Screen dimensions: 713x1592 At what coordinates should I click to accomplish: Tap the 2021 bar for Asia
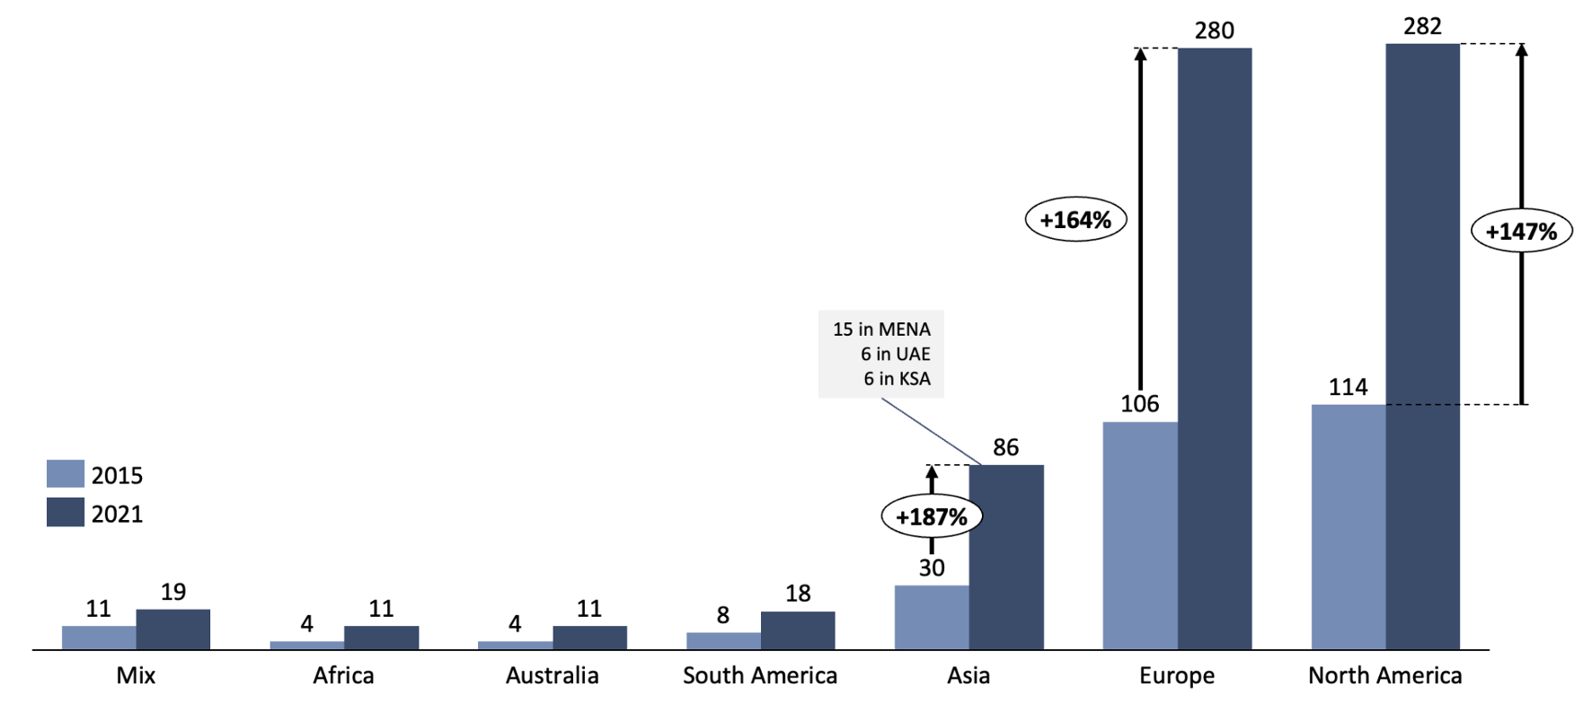click(x=1005, y=557)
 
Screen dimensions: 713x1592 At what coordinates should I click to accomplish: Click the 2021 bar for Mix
click(x=172, y=629)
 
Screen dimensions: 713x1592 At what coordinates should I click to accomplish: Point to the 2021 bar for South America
click(x=797, y=630)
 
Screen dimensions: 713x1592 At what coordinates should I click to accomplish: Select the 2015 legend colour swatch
click(x=66, y=473)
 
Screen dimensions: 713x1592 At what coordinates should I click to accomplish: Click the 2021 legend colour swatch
click(x=66, y=512)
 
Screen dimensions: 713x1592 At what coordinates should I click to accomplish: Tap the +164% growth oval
click(x=1075, y=219)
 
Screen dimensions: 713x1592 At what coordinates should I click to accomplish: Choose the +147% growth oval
click(x=1521, y=231)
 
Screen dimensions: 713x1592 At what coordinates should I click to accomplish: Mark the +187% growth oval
click(x=932, y=517)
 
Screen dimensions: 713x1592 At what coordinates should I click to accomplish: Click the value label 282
click(x=1422, y=27)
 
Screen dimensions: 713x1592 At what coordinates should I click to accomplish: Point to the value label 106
click(x=1139, y=404)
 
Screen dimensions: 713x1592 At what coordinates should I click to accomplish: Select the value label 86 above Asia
click(x=1005, y=447)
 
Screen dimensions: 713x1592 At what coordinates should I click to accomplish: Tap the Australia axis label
click(x=552, y=675)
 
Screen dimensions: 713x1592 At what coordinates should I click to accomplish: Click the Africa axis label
click(x=343, y=675)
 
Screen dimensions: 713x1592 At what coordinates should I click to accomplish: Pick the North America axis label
click(x=1384, y=675)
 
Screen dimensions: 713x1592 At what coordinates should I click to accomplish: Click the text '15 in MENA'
click(x=881, y=330)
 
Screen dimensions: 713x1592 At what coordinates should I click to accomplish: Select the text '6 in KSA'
click(x=897, y=379)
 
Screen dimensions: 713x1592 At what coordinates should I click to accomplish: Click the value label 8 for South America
click(x=722, y=615)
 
